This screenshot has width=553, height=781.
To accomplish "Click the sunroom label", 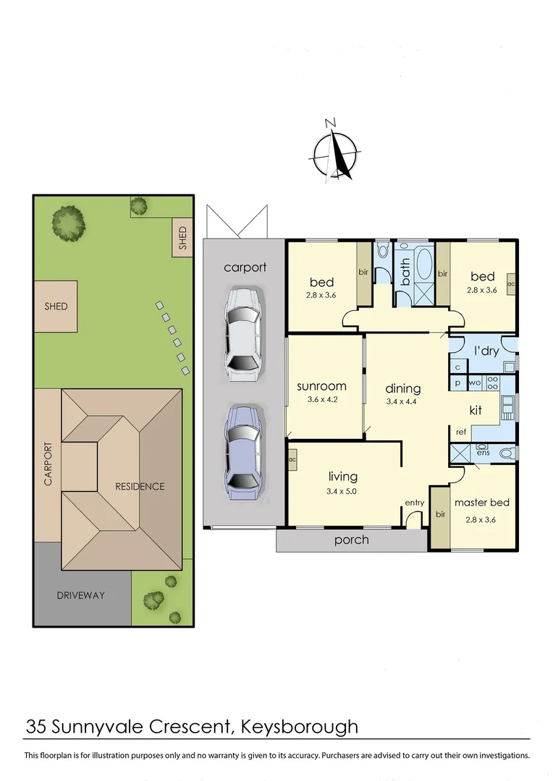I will pos(321,386).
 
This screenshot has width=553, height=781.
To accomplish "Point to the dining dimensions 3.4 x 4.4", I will pos(403,402).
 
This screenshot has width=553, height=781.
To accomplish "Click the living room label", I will pos(343,476).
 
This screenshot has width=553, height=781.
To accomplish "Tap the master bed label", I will pos(481,503).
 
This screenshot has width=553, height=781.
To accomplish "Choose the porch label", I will pos(351,539).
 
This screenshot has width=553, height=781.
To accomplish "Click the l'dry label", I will pos(486,351).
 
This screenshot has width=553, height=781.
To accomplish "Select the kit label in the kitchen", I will pos(476,410).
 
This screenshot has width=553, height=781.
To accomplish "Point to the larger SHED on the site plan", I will pos(56,307).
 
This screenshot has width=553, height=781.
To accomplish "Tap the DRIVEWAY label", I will pos(81,596).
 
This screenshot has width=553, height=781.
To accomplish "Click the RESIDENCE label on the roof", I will pos(140,487).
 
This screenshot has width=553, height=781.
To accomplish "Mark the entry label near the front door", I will pos(414,503).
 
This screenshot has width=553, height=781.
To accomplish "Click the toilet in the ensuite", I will pos(506,453).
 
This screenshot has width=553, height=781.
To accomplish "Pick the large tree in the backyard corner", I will pos(69,225).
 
